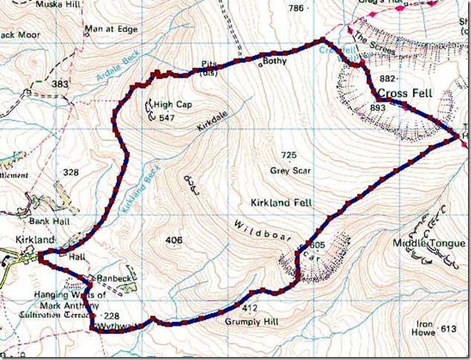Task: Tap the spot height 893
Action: tap(378, 108)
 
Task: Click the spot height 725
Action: tap(289, 155)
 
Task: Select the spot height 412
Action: tap(249, 306)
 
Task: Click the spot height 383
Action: tap(52, 84)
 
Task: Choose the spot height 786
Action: tap(295, 8)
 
